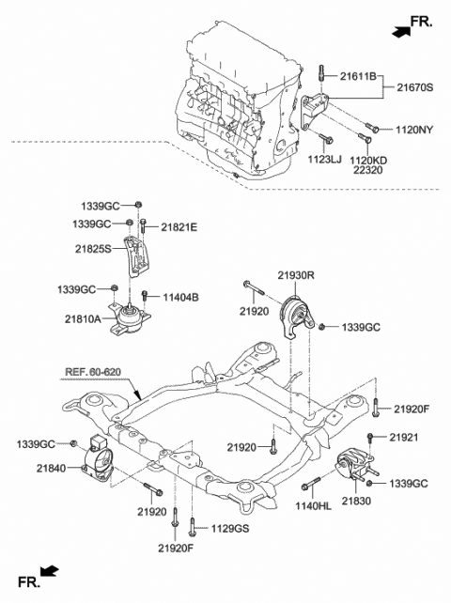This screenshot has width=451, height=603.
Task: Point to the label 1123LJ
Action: click(x=322, y=160)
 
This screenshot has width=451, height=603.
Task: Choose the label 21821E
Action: click(x=179, y=227)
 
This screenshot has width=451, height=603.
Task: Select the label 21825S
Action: click(x=94, y=249)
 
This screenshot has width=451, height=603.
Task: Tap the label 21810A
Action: click(x=85, y=319)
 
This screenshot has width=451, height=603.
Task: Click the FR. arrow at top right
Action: click(x=411, y=27)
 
